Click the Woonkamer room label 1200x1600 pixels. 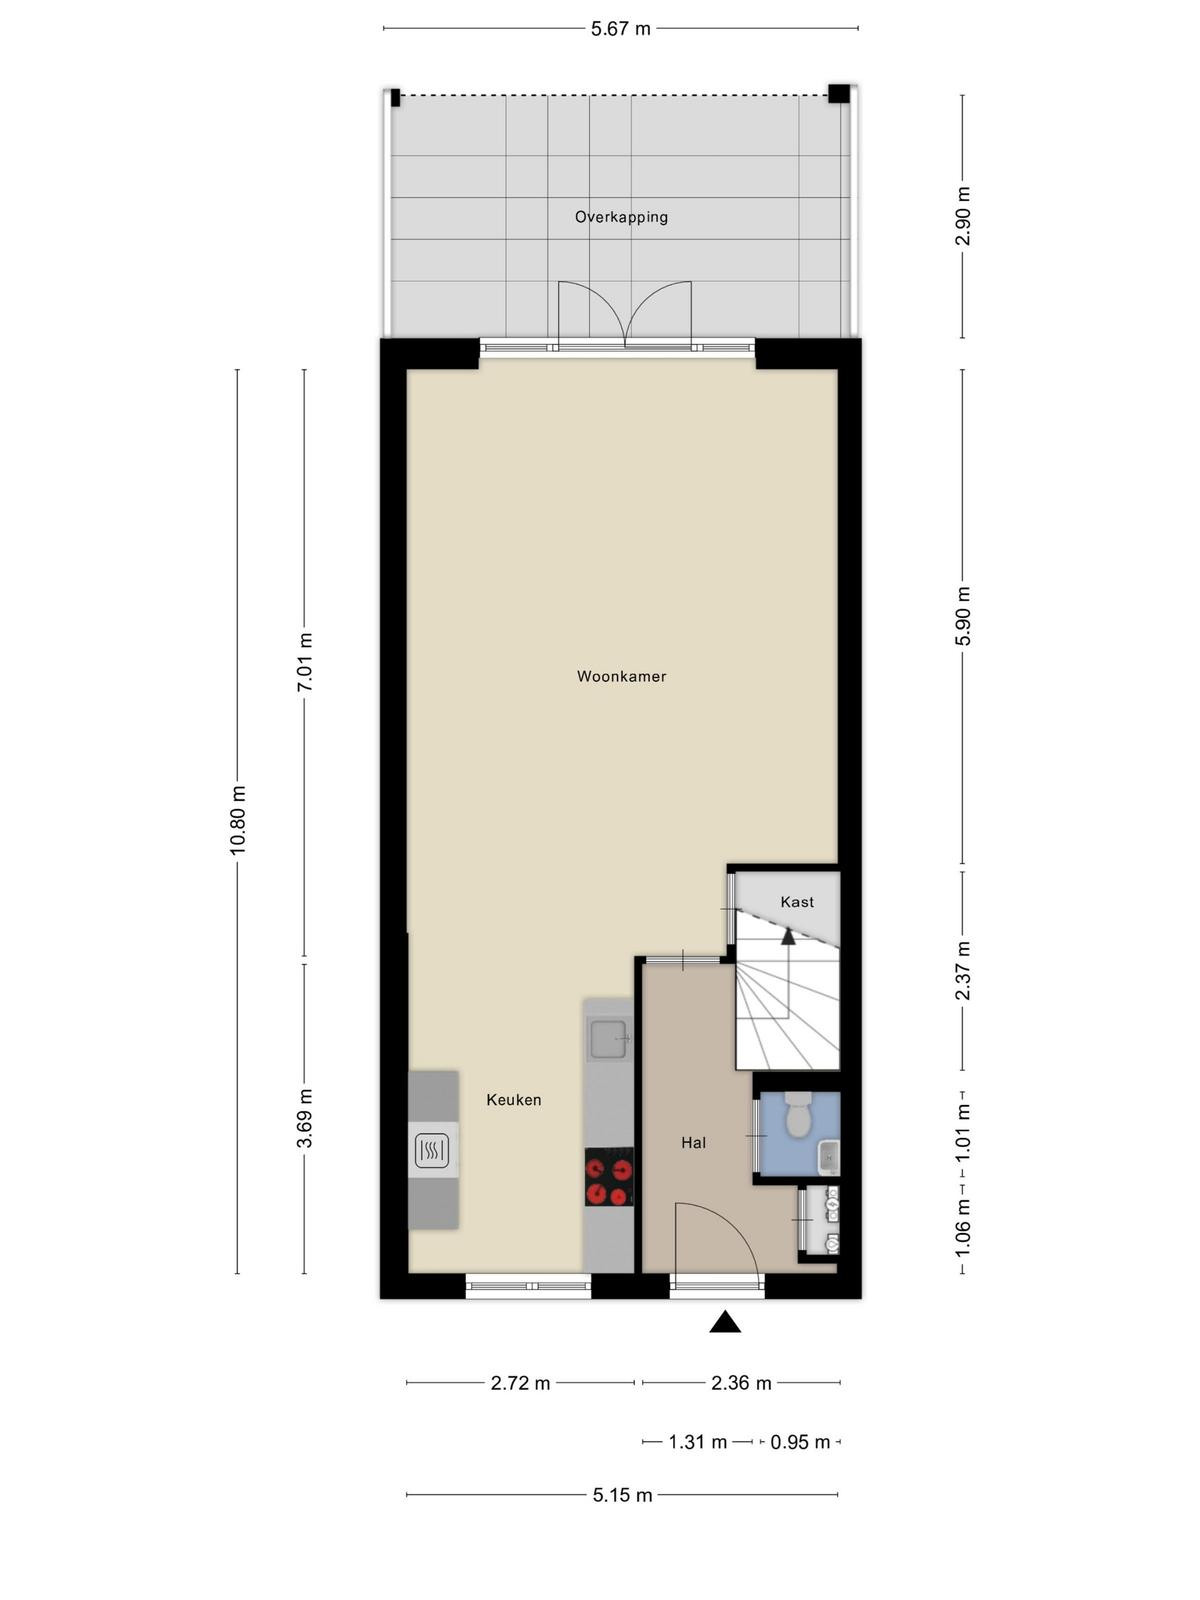pos(621,676)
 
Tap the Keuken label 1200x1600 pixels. pos(514,1100)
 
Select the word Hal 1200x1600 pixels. pos(693,1143)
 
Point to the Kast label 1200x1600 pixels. pos(796,902)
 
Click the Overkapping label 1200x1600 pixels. pos(621,217)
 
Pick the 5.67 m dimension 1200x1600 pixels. pos(620,29)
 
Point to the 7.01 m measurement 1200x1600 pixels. pos(305,663)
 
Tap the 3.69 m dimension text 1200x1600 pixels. pos(305,1118)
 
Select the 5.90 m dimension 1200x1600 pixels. pos(963,616)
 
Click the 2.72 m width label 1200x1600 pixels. pos(520,1383)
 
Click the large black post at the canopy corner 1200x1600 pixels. pos(839,93)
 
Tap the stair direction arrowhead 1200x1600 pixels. pos(788,936)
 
